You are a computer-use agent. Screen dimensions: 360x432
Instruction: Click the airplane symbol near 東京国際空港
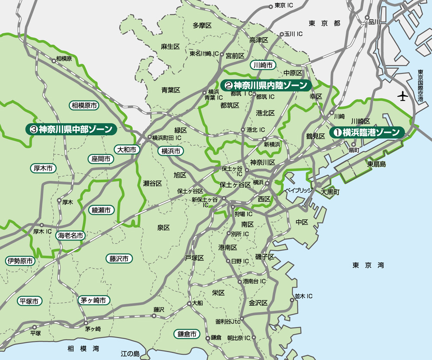pos(403,96)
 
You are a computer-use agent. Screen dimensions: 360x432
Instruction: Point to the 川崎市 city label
pos(263,65)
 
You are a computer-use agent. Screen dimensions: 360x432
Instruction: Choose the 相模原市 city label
pos(84,105)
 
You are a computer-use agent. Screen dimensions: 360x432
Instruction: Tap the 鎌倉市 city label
pos(187,334)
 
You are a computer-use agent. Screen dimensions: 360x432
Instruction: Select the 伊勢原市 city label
pos(20,261)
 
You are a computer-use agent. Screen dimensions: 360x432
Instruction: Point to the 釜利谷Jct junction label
pos(228,322)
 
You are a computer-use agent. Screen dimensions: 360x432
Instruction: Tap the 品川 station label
pos(374,22)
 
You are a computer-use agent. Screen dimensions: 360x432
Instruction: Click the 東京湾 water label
pos(368,265)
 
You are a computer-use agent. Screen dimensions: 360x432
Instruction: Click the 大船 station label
pos(197,303)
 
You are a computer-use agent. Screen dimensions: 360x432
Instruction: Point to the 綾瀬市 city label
pos(102,210)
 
